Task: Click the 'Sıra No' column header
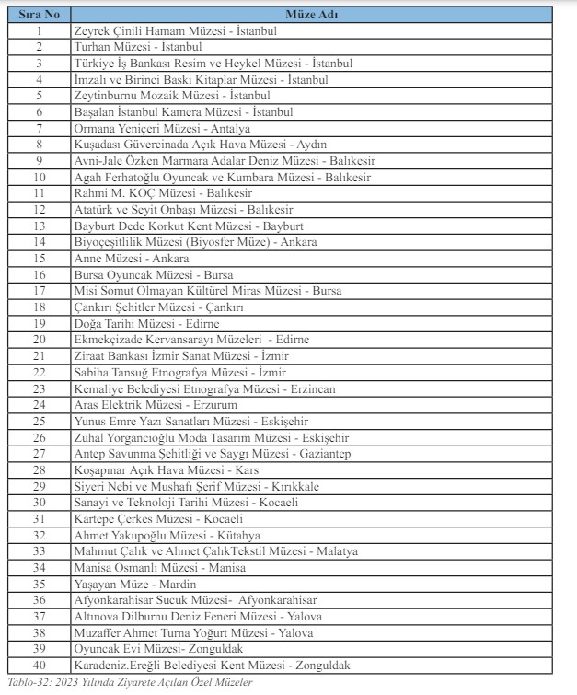[39, 16]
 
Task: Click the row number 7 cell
[39, 129]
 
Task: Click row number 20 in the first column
[39, 340]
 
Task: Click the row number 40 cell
[39, 665]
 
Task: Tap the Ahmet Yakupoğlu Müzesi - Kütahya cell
[167, 535]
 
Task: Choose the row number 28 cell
[39, 469]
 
